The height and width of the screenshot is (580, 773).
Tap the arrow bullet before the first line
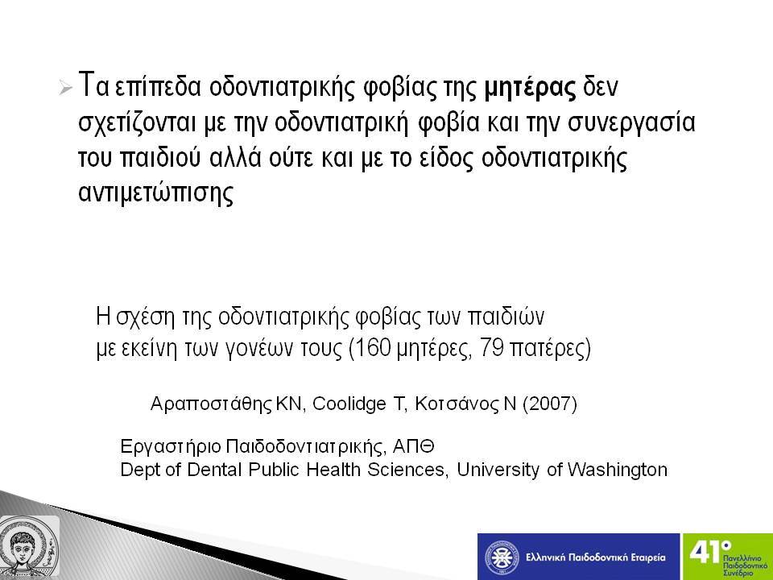pos(65,89)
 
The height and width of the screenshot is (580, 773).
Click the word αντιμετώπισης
pos(155,193)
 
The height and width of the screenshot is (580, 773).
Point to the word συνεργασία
pos(631,124)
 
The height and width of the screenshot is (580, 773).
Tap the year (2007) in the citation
pos(550,404)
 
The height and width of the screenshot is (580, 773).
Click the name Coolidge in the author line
pos(349,404)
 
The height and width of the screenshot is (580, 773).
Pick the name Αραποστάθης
pos(211,404)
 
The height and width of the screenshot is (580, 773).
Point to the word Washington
pos(618,470)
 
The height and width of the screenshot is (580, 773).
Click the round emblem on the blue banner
pos(502,557)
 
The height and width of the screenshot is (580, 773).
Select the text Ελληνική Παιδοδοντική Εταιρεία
pos(596,557)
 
